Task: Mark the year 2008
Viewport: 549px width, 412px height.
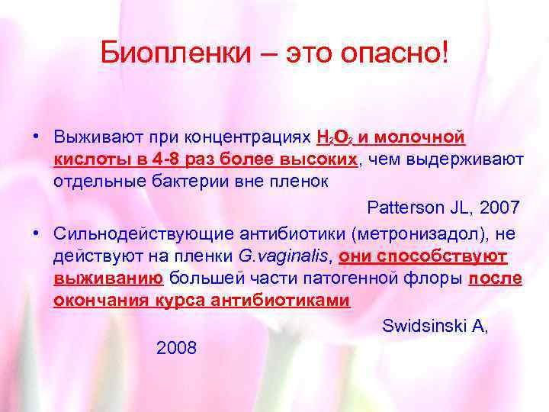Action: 176,348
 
